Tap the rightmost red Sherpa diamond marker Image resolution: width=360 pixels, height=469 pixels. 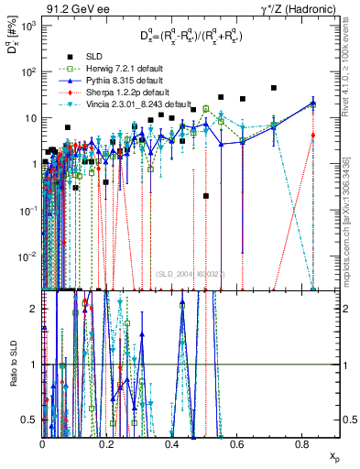tap(313, 135)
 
